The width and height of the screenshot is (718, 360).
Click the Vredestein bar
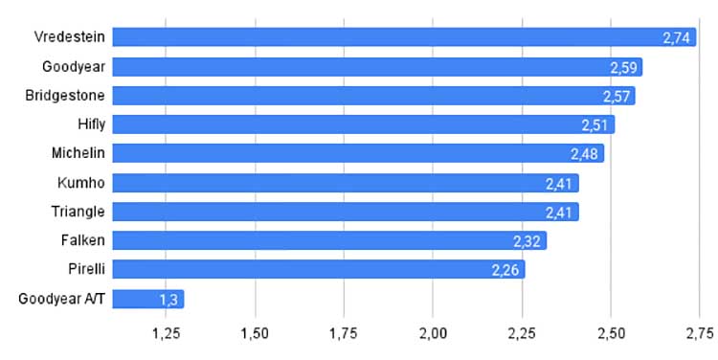(x=404, y=37)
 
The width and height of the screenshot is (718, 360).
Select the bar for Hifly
(x=364, y=124)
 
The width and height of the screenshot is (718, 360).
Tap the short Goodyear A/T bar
(x=148, y=299)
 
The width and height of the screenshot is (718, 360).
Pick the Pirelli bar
(x=319, y=269)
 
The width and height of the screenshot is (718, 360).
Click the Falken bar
(x=329, y=240)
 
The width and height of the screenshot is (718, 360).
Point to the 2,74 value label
(x=676, y=38)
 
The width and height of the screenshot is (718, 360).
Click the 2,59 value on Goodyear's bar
(x=623, y=68)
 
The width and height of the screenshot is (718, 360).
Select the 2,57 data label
(x=617, y=97)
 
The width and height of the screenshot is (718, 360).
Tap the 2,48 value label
(x=584, y=154)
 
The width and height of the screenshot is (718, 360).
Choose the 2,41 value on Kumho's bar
(x=559, y=184)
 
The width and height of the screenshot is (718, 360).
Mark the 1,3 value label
(x=168, y=300)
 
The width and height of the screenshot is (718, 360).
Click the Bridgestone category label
(x=65, y=96)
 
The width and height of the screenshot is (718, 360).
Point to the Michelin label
(x=78, y=152)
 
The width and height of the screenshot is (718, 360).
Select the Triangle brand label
(x=78, y=212)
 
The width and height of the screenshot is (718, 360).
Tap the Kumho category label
(x=81, y=183)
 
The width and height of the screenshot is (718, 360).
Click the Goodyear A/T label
(x=61, y=299)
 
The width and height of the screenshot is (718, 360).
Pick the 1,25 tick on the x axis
(x=166, y=334)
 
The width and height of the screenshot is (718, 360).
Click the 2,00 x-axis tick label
(x=433, y=334)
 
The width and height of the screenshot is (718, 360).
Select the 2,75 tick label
(x=700, y=334)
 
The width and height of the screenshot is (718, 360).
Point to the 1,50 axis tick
(x=255, y=334)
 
